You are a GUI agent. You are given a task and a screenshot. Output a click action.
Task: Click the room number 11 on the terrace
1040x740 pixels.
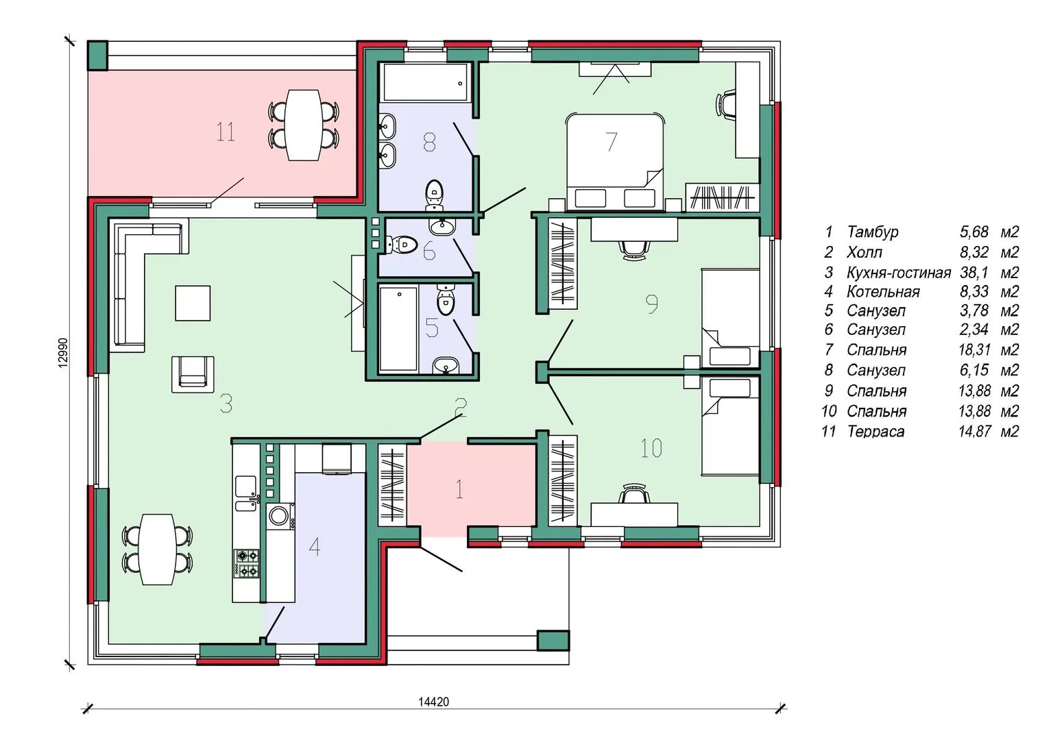pyautogui.click(x=225, y=132)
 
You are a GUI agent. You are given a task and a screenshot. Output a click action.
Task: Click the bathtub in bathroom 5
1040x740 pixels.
pyautogui.click(x=398, y=328)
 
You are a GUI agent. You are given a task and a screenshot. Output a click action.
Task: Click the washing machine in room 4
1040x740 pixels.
pyautogui.click(x=278, y=516)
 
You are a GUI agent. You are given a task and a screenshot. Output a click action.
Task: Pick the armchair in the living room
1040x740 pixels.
pyautogui.click(x=193, y=374)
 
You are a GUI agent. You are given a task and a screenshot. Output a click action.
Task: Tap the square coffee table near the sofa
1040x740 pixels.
pyautogui.click(x=193, y=303)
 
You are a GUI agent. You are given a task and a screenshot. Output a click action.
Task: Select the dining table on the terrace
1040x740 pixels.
pyautogui.click(x=303, y=125)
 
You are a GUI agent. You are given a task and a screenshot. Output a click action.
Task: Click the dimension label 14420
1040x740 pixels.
pyautogui.click(x=434, y=702)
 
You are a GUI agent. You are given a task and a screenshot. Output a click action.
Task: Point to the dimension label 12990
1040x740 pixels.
pyautogui.click(x=63, y=353)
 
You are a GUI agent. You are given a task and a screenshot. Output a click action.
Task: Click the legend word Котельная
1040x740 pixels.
pyautogui.click(x=883, y=292)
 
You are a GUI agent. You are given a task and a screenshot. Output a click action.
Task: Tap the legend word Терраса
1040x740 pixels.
pyautogui.click(x=875, y=432)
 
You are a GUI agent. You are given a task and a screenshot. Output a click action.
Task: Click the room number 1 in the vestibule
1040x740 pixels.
pyautogui.click(x=459, y=489)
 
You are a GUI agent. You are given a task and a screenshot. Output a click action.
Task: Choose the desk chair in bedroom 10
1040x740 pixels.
pyautogui.click(x=633, y=493)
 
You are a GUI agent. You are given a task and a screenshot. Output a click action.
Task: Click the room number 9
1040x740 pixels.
pyautogui.click(x=652, y=304)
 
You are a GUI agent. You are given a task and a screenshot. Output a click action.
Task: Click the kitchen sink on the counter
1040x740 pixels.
pyautogui.click(x=245, y=493)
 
